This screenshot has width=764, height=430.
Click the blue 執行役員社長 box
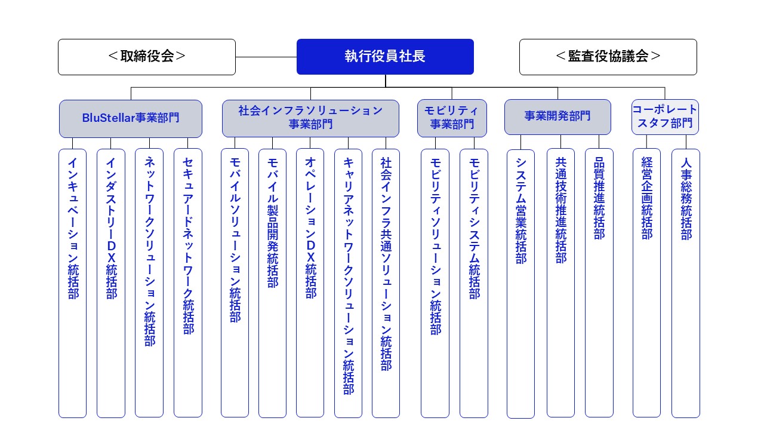385,57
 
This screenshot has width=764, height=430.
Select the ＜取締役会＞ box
147,57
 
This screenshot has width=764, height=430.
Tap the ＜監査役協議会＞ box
608,57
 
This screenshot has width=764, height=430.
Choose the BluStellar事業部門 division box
131,118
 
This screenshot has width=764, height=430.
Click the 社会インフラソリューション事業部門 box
310,118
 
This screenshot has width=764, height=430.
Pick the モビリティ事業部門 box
452,118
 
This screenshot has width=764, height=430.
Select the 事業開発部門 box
557,116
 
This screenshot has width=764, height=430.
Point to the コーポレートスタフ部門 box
665,116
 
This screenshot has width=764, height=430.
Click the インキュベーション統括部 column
73,283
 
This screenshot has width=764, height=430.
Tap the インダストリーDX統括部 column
111,283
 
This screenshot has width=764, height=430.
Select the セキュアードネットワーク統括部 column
188,283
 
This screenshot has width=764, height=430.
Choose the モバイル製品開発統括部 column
273,283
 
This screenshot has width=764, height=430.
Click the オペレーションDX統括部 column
310,283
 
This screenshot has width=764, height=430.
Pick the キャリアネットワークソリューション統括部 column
348,283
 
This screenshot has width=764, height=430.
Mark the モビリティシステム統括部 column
474,283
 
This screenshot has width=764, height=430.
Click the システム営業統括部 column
521,283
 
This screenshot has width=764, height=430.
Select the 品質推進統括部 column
599,283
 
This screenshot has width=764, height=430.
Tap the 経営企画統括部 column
646,283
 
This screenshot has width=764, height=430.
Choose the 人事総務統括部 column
686,283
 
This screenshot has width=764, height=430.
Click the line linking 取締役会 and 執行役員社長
266,57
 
